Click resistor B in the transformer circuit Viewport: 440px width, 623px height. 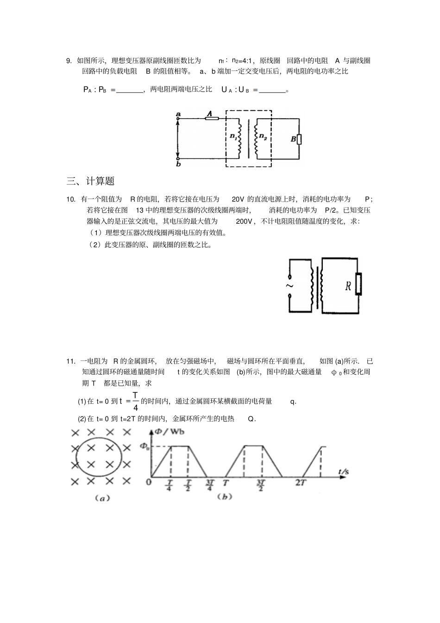pos(299,139)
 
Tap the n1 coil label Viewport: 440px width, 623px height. pos(233,137)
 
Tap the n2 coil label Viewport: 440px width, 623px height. pos(263,137)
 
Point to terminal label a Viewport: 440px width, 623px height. pos(178,113)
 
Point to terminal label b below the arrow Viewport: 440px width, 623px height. pos(178,164)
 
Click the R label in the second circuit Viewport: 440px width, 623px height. pos(348,286)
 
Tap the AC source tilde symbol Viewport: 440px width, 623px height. pos(289,285)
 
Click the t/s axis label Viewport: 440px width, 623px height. pos(343,472)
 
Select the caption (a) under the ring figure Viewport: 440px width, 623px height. pos(101,498)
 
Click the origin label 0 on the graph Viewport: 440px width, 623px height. pos(148,482)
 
